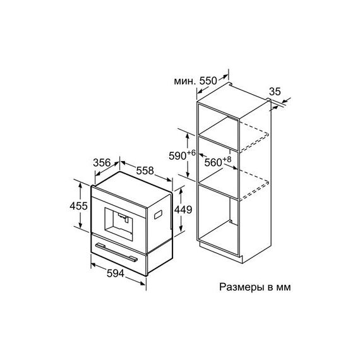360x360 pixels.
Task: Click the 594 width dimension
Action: pos(116,273)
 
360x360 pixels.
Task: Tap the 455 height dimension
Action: pos(79,206)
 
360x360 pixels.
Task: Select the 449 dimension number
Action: pos(183,210)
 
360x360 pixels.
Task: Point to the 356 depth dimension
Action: pos(102,163)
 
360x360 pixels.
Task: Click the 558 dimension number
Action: pos(145,171)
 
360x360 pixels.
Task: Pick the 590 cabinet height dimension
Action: pos(177,156)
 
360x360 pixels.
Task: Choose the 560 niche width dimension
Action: pos(213,162)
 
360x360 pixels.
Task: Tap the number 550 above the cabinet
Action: pos(208,81)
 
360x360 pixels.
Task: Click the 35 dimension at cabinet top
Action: pos(275,92)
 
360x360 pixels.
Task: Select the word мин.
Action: pos(185,81)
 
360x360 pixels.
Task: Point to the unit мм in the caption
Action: pos(284,288)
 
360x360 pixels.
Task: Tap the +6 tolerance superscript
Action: pos(191,152)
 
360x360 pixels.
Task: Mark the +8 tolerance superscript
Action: pos(227,159)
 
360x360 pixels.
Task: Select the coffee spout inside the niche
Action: pos(123,217)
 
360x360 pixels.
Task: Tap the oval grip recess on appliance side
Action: pos(158,215)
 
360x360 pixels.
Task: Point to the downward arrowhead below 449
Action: pos(181,228)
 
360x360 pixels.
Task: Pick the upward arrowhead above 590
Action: pos(188,136)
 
